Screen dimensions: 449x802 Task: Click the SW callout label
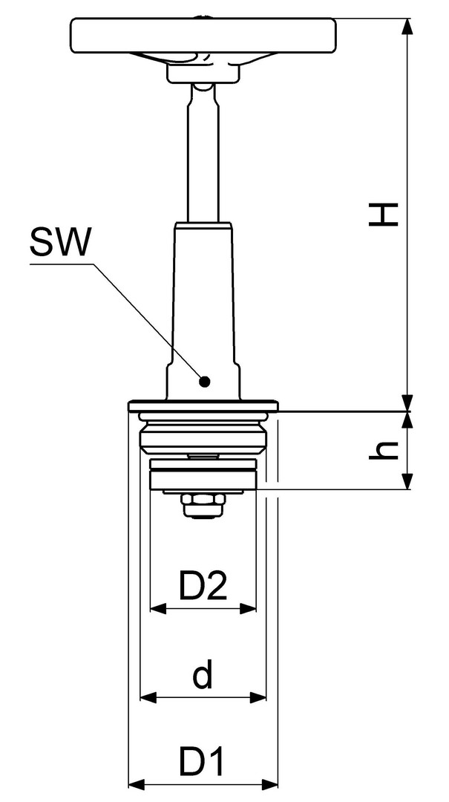click(59, 242)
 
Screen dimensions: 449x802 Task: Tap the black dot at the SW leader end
click(205, 381)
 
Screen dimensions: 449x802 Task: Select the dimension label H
click(384, 215)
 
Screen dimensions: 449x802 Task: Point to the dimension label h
click(384, 450)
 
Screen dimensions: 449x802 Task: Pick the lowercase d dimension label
click(203, 674)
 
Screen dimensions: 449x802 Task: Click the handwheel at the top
click(203, 36)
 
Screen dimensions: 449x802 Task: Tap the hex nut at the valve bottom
click(203, 506)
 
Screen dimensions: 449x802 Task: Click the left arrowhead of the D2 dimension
click(158, 609)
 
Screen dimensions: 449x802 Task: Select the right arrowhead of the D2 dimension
click(248, 609)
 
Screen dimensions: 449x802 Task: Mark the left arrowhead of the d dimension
click(148, 697)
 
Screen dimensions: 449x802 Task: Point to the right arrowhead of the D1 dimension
click(269, 784)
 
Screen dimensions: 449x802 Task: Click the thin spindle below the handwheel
click(203, 154)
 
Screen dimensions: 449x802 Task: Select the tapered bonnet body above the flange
click(203, 311)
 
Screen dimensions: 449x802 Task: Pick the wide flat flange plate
click(203, 406)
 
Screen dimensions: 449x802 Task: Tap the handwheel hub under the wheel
click(203, 72)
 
